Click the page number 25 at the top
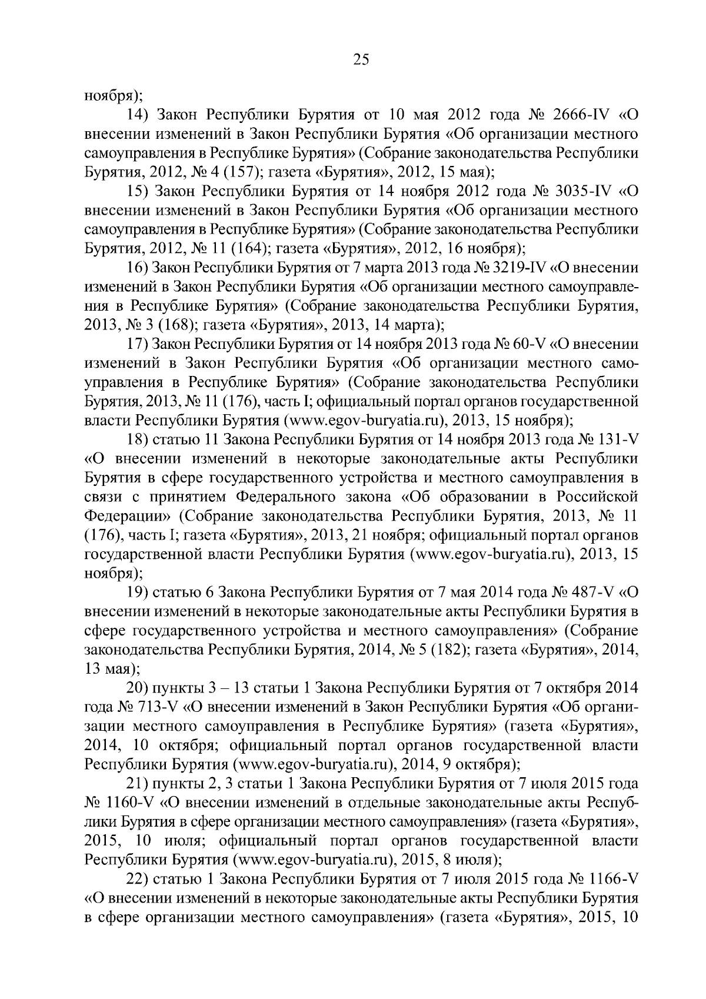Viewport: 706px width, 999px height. [361, 59]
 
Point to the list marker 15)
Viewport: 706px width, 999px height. [137, 191]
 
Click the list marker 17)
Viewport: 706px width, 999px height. [137, 345]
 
